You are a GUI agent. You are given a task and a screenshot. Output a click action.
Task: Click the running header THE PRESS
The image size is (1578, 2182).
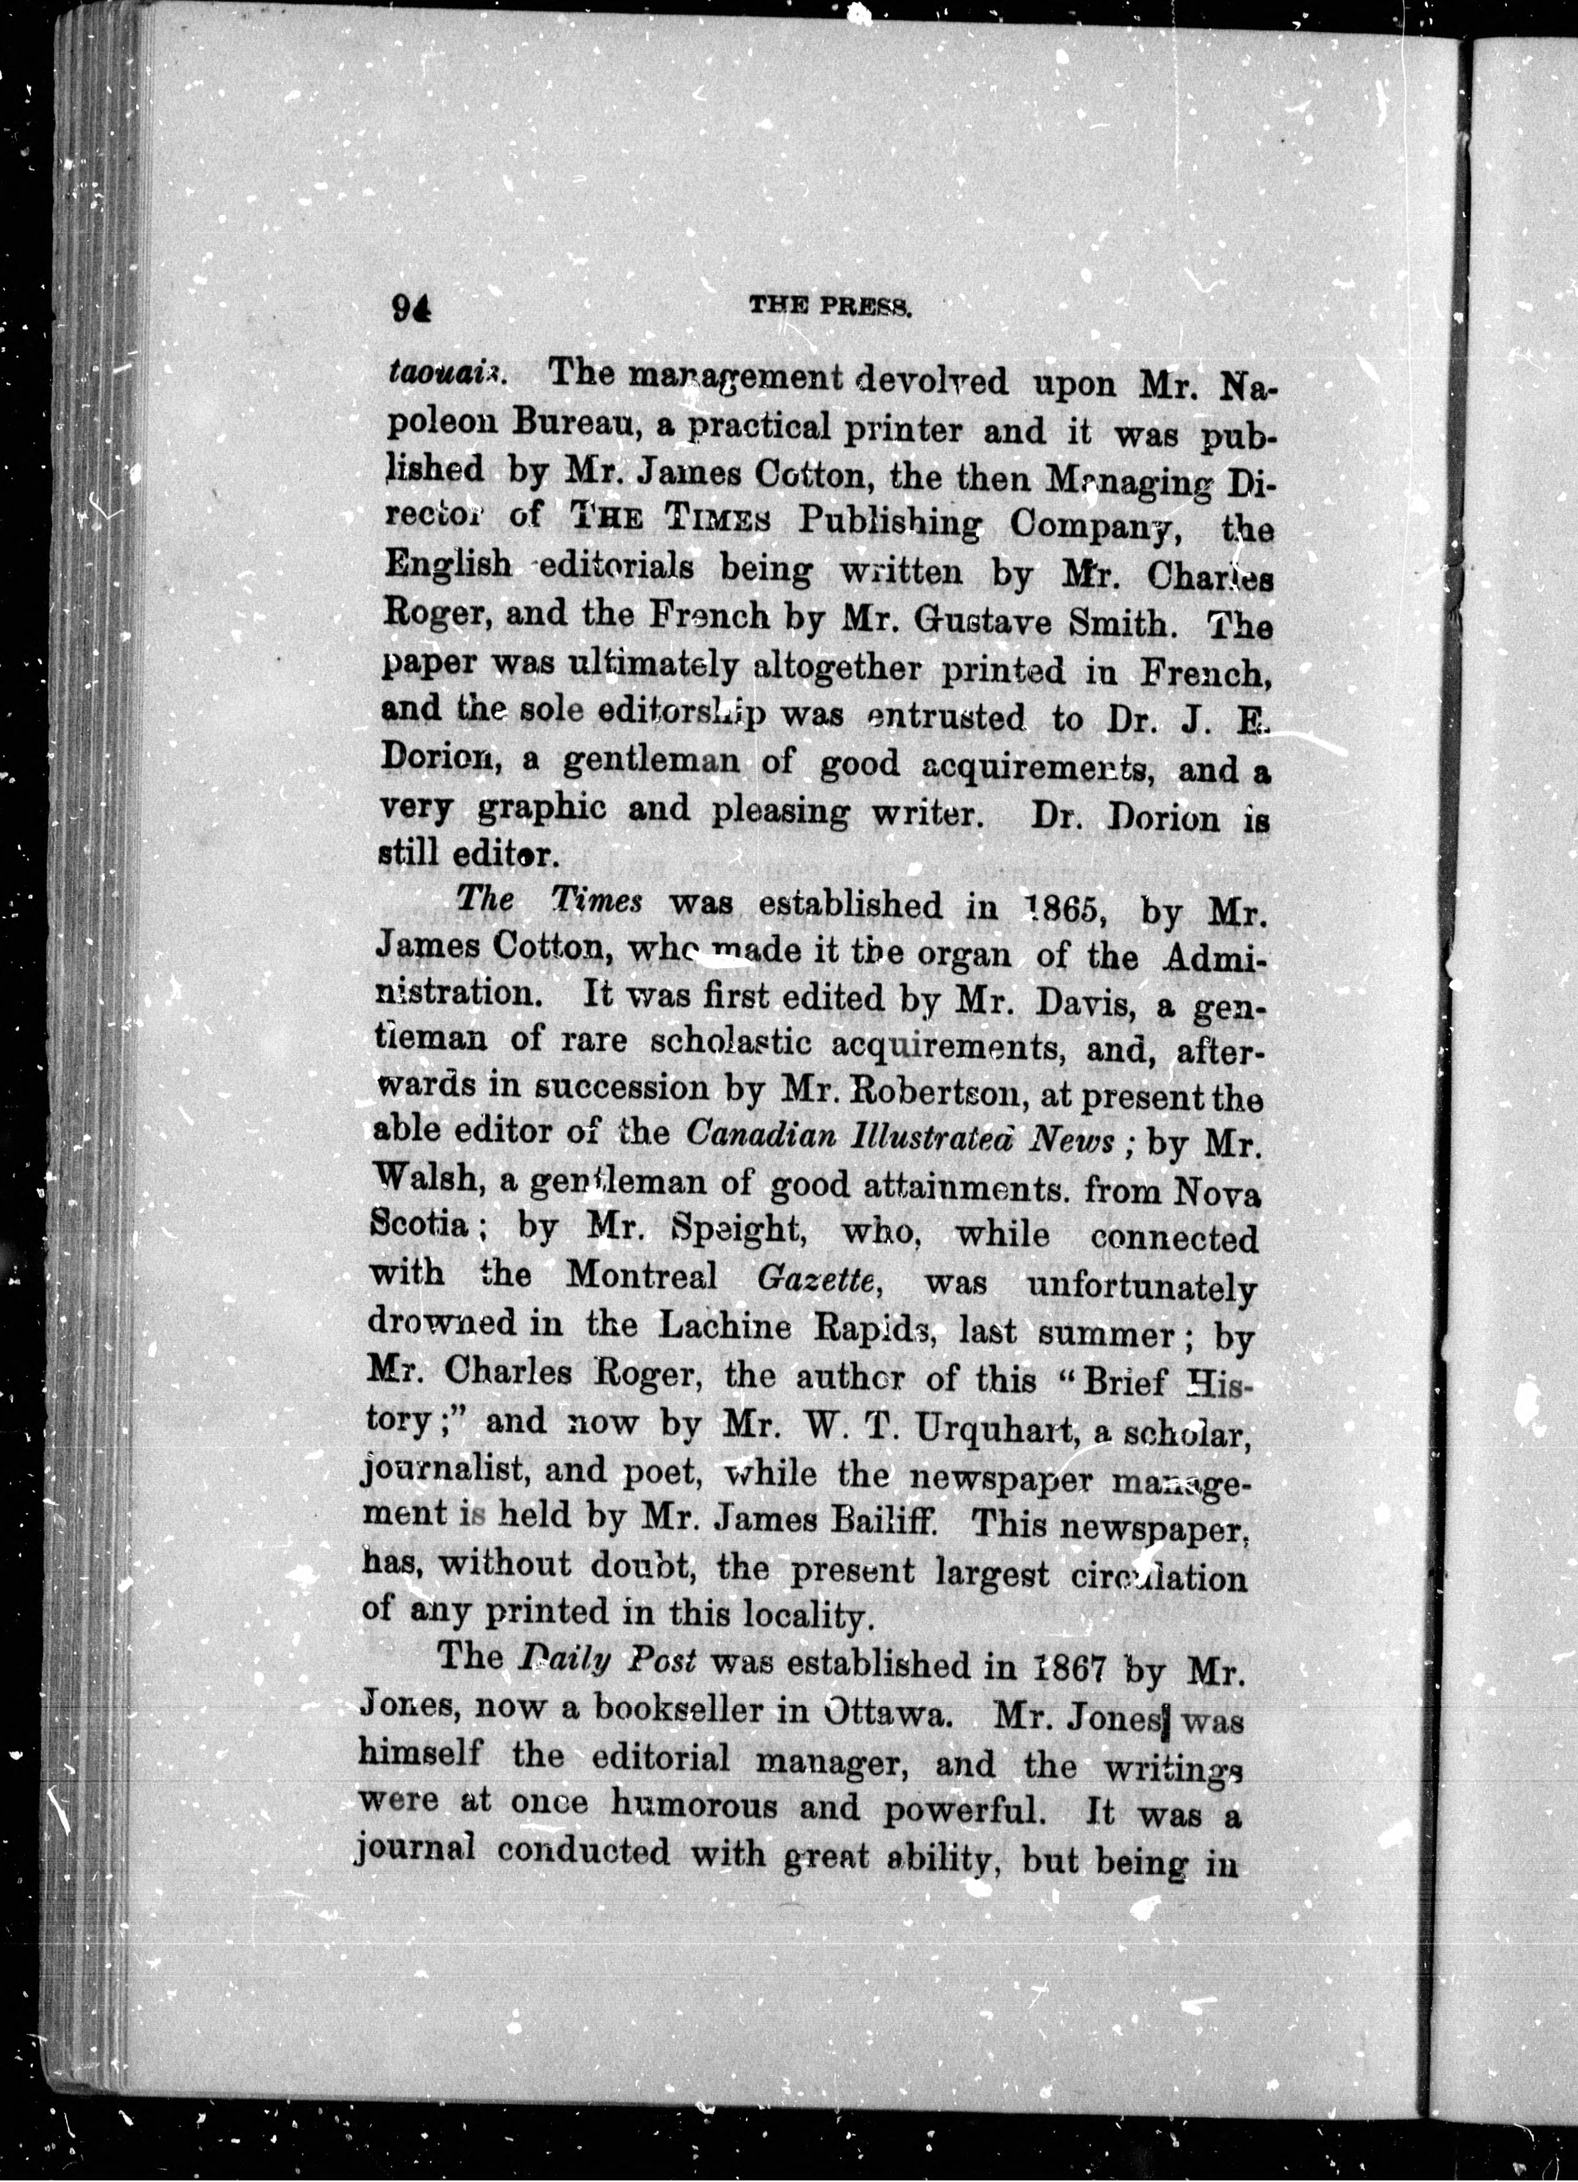(831, 306)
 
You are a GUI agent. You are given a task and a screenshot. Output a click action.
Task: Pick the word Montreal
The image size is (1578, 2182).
(642, 1277)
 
